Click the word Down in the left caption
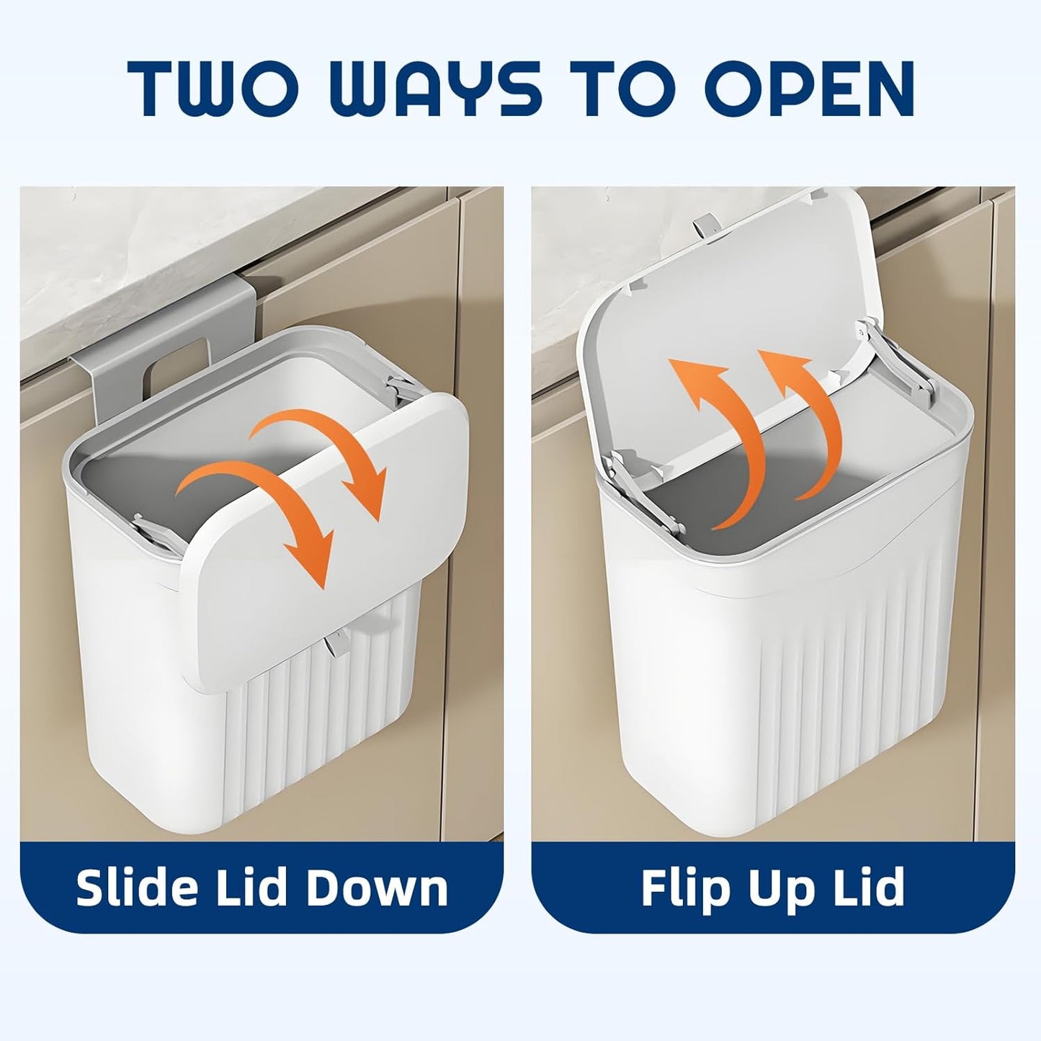[x=382, y=888]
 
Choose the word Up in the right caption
[x=778, y=888]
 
